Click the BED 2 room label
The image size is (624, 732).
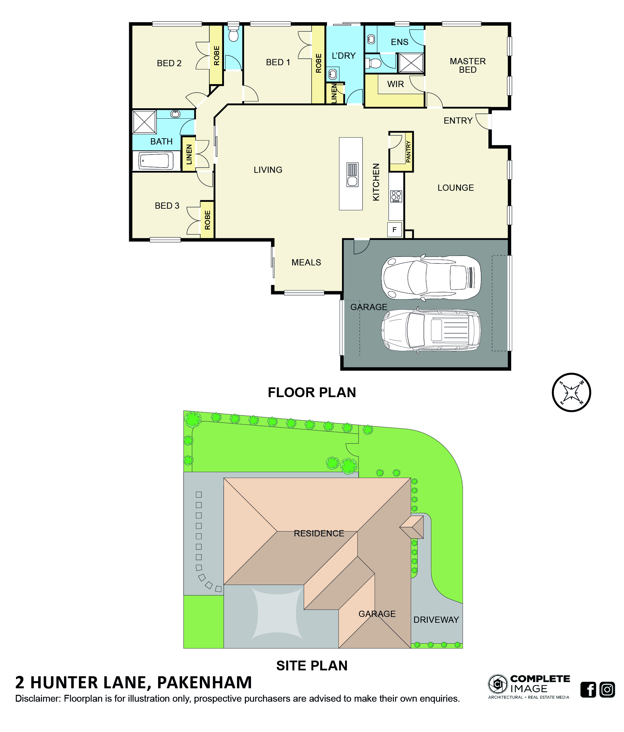(x=169, y=63)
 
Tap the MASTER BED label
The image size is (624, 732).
(x=468, y=65)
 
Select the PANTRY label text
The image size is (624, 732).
(x=408, y=152)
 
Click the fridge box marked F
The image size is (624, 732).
(x=394, y=230)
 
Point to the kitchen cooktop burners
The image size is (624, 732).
(x=396, y=196)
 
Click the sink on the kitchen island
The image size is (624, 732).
(x=352, y=174)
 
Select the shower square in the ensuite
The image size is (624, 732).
(x=411, y=63)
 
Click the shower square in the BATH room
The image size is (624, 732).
(x=144, y=122)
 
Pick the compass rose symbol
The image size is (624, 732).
(x=571, y=392)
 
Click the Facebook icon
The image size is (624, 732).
(x=588, y=690)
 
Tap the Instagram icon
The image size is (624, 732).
(x=607, y=690)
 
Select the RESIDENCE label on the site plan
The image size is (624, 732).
(x=319, y=533)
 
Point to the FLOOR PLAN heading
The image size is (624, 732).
(x=312, y=393)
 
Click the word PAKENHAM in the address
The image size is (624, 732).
(x=204, y=682)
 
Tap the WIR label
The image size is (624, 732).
(x=395, y=84)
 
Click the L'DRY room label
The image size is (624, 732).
(x=344, y=55)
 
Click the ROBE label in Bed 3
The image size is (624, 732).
(x=208, y=220)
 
